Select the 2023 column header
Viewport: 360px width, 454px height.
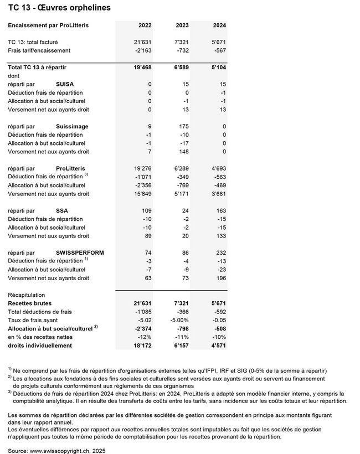[x=181, y=25]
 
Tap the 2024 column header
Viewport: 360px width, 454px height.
[x=218, y=25]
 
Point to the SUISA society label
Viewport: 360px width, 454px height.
[x=65, y=84]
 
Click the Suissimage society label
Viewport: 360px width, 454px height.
[x=72, y=127]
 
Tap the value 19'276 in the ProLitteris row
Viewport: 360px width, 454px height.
[x=141, y=168]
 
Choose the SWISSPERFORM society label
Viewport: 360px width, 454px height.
[x=80, y=252]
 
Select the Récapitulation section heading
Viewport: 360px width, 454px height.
[x=27, y=295]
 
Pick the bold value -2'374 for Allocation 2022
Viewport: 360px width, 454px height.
[x=141, y=329]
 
